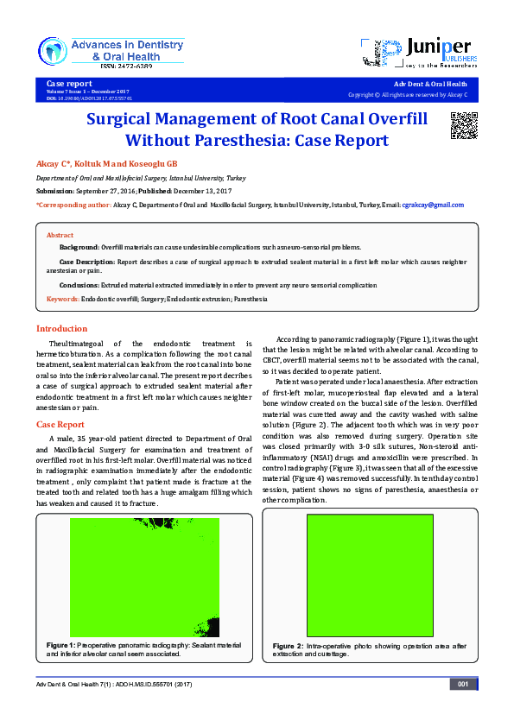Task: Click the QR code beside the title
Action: point(464,125)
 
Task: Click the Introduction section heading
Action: point(61,328)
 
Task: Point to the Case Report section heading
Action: point(60,425)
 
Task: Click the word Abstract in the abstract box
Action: point(60,235)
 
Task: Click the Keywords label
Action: point(62,299)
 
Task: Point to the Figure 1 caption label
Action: point(60,645)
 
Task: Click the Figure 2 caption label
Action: point(288,646)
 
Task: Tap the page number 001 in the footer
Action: point(462,685)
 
